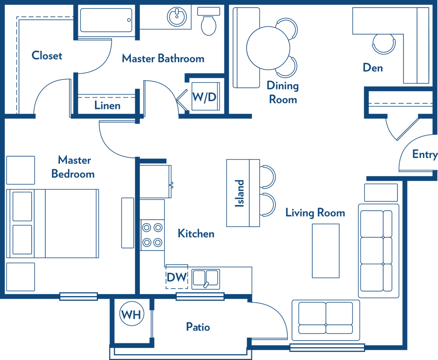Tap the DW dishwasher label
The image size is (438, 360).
click(177, 277)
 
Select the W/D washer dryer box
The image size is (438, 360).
click(206, 96)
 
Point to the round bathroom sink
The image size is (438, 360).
click(177, 17)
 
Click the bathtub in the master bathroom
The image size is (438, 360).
click(106, 20)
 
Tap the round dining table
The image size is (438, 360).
click(268, 48)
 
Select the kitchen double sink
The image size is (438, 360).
click(206, 279)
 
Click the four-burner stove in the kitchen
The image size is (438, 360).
click(152, 235)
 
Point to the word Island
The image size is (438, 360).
click(240, 193)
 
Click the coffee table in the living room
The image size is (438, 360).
click(326, 251)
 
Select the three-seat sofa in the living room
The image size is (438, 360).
click(379, 251)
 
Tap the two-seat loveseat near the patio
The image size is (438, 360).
click(326, 320)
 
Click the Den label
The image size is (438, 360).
click(373, 68)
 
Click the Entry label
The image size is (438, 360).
click(425, 154)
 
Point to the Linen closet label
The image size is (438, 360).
click(107, 105)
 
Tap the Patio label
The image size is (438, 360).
click(198, 327)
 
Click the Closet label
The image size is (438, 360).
click(47, 55)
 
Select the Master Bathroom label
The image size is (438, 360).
click(163, 59)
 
